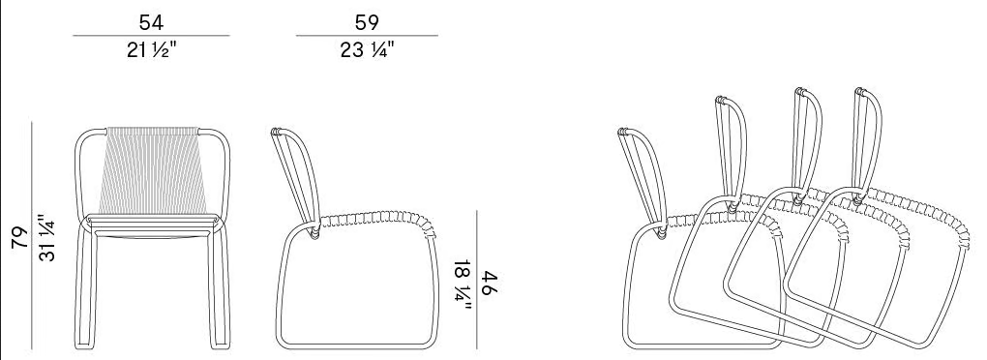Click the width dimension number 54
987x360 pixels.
click(151, 22)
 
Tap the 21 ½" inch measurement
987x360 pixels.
click(151, 50)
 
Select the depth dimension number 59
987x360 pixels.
click(367, 22)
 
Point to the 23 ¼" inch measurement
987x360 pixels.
click(368, 50)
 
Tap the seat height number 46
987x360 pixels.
click(491, 285)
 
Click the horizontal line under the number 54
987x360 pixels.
click(151, 36)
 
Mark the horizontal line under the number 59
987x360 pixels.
click(367, 36)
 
